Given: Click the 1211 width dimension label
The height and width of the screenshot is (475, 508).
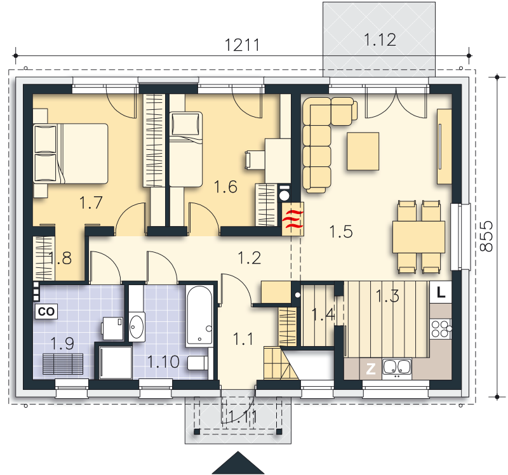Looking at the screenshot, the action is tap(242, 44).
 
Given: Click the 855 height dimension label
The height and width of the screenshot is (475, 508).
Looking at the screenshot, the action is tap(486, 236).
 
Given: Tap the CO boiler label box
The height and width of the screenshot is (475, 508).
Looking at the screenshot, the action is tap(46, 311).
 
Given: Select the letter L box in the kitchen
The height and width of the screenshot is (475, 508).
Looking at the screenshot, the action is tap(440, 292).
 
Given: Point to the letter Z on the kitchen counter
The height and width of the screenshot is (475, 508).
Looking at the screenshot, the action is tap(371, 368).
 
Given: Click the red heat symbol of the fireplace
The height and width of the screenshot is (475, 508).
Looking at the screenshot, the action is tap(293, 219).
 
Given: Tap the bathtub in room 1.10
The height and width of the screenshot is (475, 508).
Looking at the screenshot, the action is tap(199, 316).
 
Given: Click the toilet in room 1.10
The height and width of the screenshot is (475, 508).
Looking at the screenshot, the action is tap(197, 363).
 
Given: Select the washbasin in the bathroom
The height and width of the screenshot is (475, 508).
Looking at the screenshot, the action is tap(137, 326).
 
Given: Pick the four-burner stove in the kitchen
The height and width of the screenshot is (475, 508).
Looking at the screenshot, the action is tap(440, 329).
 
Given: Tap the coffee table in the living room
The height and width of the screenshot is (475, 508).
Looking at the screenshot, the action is tap(363, 151).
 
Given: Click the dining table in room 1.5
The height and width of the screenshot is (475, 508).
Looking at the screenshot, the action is tap(418, 237).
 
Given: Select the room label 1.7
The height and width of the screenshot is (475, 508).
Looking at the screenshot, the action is tap(91, 203).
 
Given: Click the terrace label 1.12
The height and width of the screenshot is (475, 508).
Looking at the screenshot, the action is tap(380, 40).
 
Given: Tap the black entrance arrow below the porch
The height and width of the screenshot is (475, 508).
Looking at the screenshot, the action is tap(238, 463).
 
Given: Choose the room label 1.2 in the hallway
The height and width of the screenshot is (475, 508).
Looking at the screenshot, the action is tap(249, 258).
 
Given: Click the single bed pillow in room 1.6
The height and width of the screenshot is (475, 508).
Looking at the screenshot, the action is tap(185, 124).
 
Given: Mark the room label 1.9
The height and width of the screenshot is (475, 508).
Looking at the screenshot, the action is tap(62, 343).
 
